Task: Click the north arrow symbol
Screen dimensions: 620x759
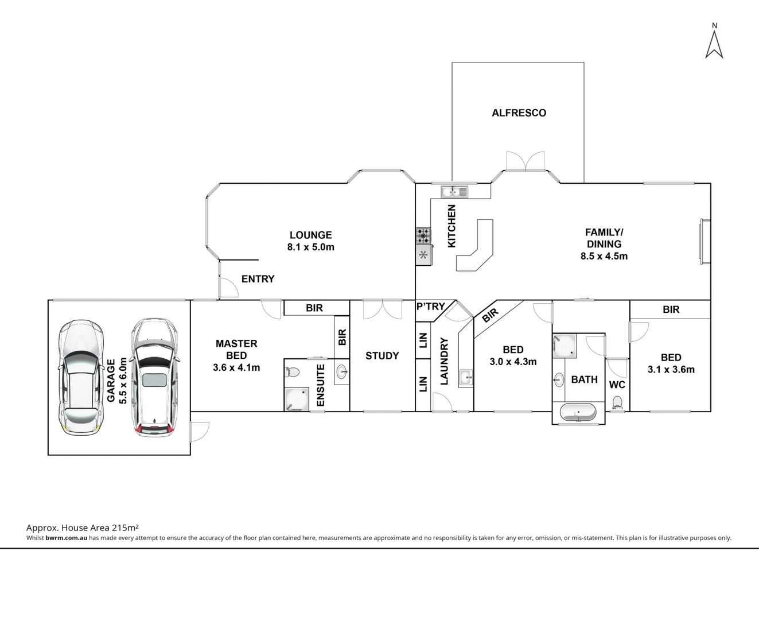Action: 714,44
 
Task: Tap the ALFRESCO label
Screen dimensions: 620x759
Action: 519,113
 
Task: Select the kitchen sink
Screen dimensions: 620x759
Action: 454,192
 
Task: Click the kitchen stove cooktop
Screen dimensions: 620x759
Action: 423,235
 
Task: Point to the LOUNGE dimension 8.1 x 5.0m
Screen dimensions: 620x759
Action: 310,247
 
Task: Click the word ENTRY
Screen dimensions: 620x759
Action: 258,279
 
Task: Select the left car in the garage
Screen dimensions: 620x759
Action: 81,377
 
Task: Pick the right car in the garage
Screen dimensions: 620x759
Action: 154,377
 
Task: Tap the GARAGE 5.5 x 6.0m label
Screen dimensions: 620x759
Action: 116,380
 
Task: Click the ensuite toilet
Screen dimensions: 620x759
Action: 293,371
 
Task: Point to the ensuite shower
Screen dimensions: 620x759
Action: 297,400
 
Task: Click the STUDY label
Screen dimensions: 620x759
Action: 382,356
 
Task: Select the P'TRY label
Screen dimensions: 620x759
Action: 430,307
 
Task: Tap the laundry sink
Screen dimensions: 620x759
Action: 466,378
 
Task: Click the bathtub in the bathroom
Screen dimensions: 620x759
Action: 578,413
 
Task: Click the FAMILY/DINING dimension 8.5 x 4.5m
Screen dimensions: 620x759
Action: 604,257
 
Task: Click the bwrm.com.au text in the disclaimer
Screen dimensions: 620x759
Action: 66,538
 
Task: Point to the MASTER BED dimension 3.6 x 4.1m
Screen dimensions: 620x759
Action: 236,367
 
